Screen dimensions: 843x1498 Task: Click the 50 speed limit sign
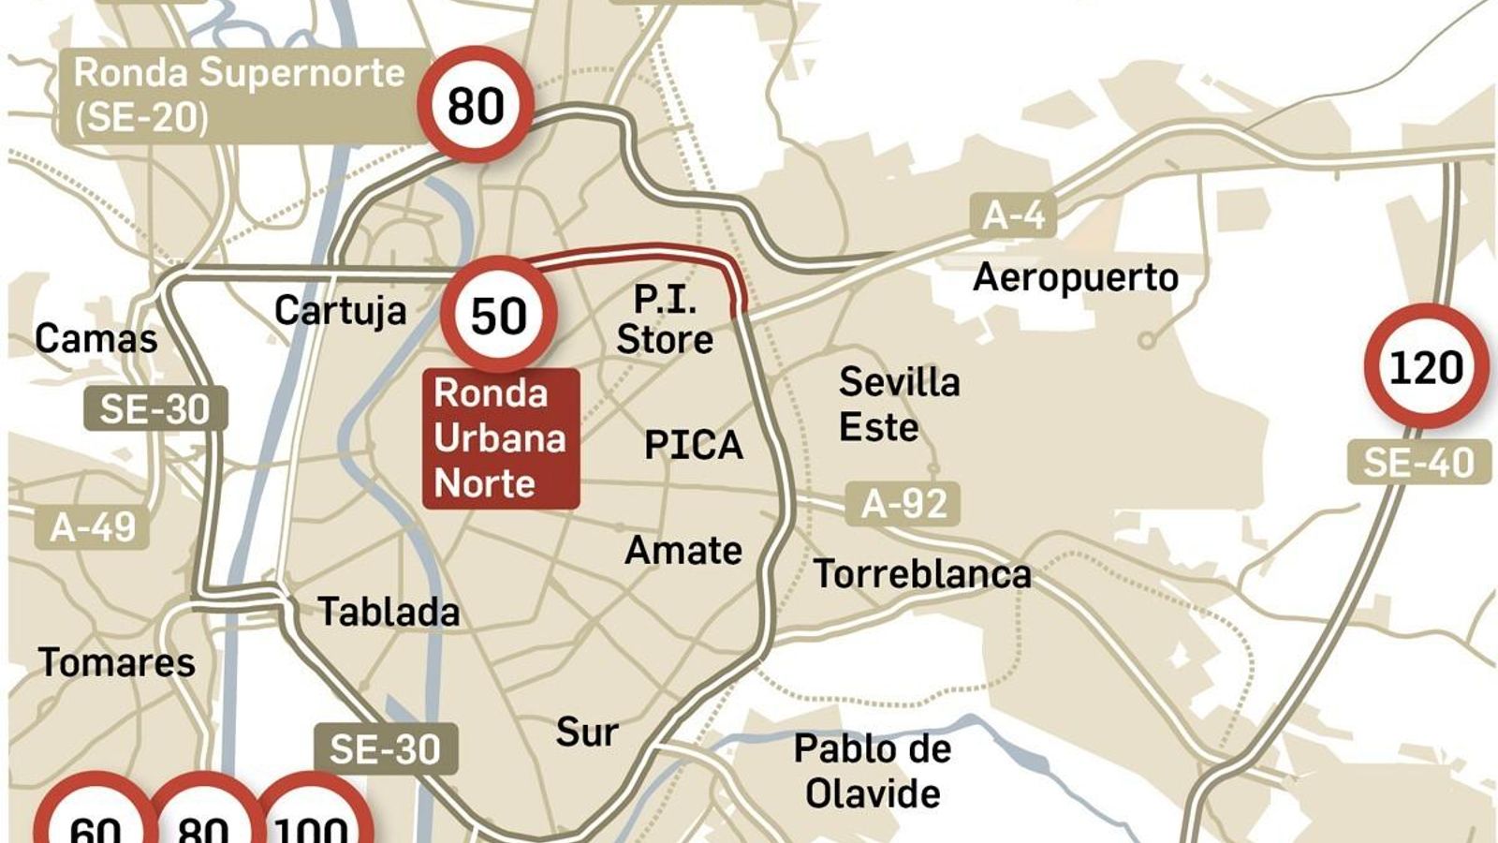point(499,315)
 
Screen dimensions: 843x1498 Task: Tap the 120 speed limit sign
point(1426,366)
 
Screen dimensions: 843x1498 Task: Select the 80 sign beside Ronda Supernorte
point(476,104)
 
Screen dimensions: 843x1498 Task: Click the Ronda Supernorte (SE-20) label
point(239,96)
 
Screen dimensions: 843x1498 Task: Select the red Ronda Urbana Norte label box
point(501,438)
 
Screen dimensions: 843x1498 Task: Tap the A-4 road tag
point(1013,215)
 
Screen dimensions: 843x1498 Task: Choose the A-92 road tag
point(903,504)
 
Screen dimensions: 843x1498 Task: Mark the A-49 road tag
point(93,527)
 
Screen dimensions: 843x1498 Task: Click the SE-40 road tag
point(1418,463)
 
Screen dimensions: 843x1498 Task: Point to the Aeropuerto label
point(1075,277)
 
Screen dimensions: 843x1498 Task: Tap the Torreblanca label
point(922,574)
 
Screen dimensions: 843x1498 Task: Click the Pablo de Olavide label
point(873,771)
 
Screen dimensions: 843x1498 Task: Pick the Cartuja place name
point(340,310)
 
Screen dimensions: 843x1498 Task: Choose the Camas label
point(95,338)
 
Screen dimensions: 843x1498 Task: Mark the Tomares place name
point(117,663)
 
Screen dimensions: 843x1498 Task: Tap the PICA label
point(693,445)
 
